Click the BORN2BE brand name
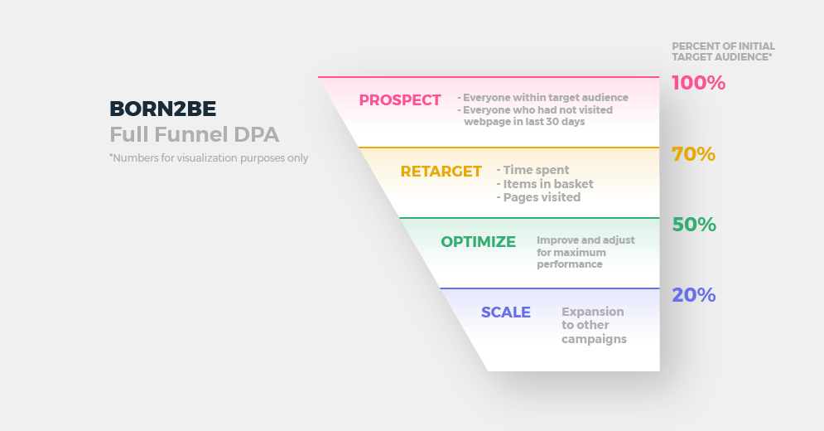[x=162, y=109]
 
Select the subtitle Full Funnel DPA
[x=194, y=134]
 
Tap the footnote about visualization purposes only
[x=209, y=157]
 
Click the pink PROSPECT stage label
[x=400, y=100]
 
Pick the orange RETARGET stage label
[x=441, y=172]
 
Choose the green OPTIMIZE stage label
[x=478, y=241]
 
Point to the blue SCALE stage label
[x=505, y=312]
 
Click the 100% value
[x=698, y=83]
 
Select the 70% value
[x=694, y=154]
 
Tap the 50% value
[x=694, y=225]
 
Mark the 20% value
[x=694, y=295]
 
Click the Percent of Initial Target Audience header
[x=723, y=51]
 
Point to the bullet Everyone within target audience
[x=543, y=97]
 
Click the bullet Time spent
[x=532, y=170]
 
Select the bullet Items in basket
[x=545, y=184]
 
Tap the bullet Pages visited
[x=538, y=197]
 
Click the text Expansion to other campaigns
[x=594, y=325]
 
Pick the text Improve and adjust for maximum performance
[x=585, y=252]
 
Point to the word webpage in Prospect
[x=484, y=122]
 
